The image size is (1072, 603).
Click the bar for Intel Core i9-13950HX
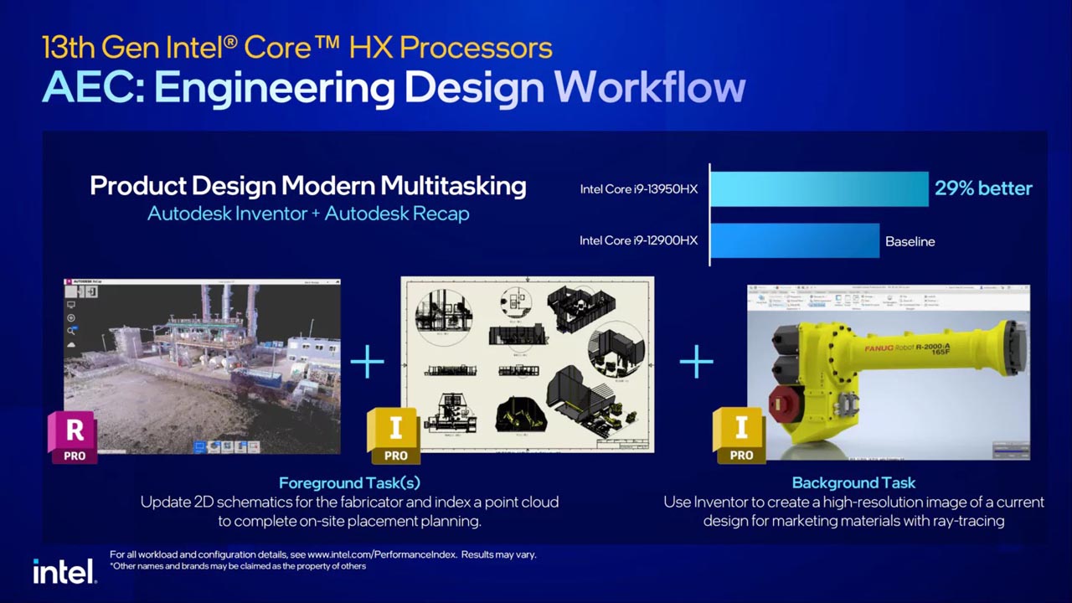pos(819,188)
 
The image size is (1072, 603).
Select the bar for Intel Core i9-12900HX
pos(795,241)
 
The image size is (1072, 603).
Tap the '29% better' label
pos(983,188)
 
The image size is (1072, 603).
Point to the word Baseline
pos(910,241)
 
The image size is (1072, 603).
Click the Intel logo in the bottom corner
pos(64,571)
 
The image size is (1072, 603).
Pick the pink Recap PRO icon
pos(74,436)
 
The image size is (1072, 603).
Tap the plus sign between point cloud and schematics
pos(367,362)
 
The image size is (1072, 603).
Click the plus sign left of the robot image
pos(696,362)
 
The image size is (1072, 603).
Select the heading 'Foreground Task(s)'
pos(349,482)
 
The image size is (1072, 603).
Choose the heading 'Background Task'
pos(853,482)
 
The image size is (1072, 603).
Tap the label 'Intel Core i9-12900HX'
pos(638,241)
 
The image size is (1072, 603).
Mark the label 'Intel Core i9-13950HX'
pos(638,189)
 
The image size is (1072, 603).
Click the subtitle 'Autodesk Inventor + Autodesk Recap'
pos(308,214)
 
